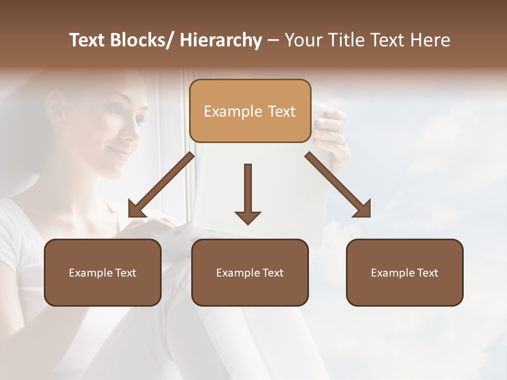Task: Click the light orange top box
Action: point(250,111)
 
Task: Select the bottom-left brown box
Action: point(102,272)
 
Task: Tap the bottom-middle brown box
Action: point(250,272)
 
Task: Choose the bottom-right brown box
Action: point(405,272)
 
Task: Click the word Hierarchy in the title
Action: point(221,40)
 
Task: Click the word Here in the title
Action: point(430,40)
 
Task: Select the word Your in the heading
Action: point(303,40)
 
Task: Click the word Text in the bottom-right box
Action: point(427,273)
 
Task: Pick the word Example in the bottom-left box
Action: point(91,273)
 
